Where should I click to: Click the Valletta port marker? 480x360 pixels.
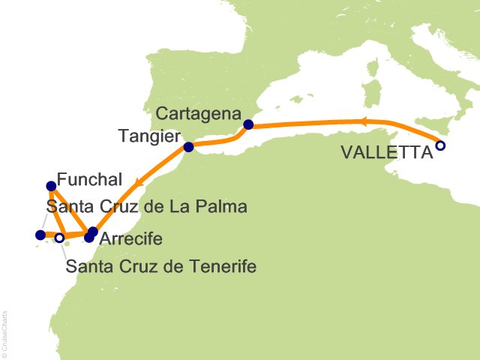tap(440, 145)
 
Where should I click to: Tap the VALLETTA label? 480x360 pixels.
tap(387, 152)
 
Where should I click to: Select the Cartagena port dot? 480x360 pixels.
tap(248, 124)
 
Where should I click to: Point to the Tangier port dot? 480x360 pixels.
tap(189, 147)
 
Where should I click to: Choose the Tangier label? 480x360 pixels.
tap(149, 136)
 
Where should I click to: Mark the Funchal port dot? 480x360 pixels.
tap(51, 186)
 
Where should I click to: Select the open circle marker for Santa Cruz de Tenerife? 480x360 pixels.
tap(59, 238)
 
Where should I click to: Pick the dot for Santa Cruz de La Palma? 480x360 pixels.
tap(40, 235)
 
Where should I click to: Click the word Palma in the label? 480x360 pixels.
tap(226, 206)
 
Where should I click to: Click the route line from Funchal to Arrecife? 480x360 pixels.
tap(71, 209)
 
